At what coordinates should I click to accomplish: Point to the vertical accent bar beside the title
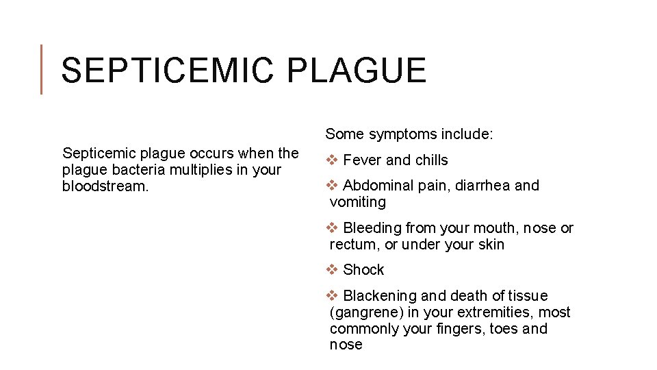[42, 69]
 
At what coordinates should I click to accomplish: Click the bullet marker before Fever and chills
[332, 160]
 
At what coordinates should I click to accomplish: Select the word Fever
[362, 160]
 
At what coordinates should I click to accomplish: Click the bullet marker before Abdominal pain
[332, 186]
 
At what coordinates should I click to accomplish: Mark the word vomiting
[357, 203]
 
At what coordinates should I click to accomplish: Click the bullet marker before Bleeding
[332, 228]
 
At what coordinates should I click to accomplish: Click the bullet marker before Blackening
[332, 296]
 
